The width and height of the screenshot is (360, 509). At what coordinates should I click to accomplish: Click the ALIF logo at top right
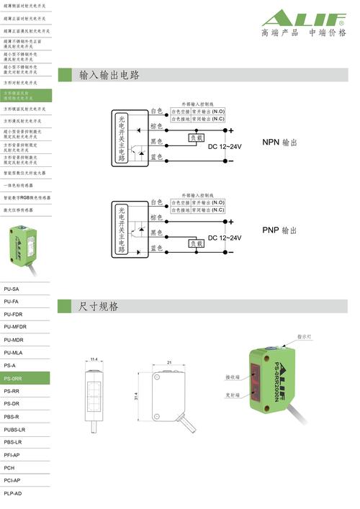tap(303, 18)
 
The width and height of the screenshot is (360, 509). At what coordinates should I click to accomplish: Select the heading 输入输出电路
tap(109, 75)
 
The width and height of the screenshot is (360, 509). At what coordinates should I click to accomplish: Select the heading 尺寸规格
tap(99, 307)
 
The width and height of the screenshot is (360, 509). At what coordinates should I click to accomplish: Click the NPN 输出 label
tap(279, 142)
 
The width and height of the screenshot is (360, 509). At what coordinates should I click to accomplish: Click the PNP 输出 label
tap(279, 230)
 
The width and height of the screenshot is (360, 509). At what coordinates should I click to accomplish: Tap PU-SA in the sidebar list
tap(12, 289)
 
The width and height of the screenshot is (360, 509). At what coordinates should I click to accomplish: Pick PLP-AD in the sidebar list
tap(13, 493)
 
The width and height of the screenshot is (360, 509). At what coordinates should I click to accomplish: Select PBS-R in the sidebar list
tap(12, 417)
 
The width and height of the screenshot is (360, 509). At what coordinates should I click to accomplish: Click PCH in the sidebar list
tap(9, 467)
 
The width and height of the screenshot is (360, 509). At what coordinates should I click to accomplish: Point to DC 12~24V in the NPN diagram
tap(225, 146)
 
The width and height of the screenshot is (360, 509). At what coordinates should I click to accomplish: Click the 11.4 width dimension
tap(94, 360)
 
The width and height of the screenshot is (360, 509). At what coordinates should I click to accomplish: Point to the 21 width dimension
tap(168, 362)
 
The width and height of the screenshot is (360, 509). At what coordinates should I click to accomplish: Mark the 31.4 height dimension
tap(136, 396)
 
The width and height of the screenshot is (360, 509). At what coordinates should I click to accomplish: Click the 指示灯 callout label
tap(305, 336)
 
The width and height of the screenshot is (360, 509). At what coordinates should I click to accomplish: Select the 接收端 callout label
tap(232, 377)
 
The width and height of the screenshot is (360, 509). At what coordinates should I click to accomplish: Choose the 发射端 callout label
tap(232, 395)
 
